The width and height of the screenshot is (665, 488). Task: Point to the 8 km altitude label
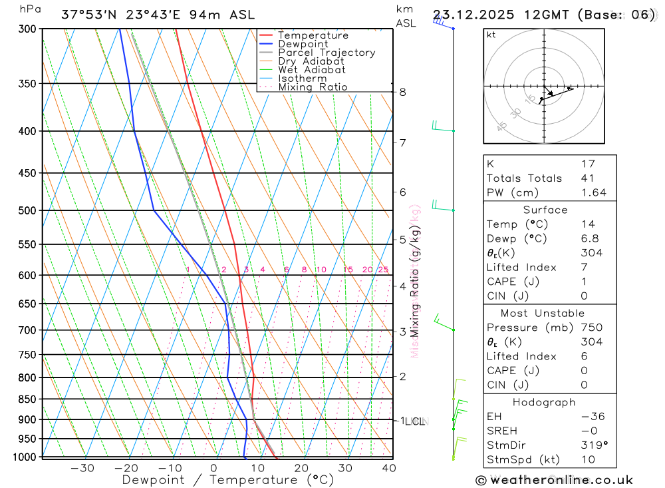(x=402, y=92)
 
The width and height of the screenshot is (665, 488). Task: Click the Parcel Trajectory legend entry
(x=326, y=53)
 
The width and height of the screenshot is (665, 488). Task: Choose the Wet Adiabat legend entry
(x=311, y=70)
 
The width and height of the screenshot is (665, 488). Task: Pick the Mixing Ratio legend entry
(x=313, y=87)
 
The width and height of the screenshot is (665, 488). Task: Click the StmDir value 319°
(x=593, y=445)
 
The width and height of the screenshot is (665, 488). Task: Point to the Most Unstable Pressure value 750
(x=591, y=328)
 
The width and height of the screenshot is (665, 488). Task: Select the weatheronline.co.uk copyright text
(x=554, y=480)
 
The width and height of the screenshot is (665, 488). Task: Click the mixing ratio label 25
(x=383, y=270)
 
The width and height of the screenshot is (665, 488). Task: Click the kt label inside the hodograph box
(x=491, y=35)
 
